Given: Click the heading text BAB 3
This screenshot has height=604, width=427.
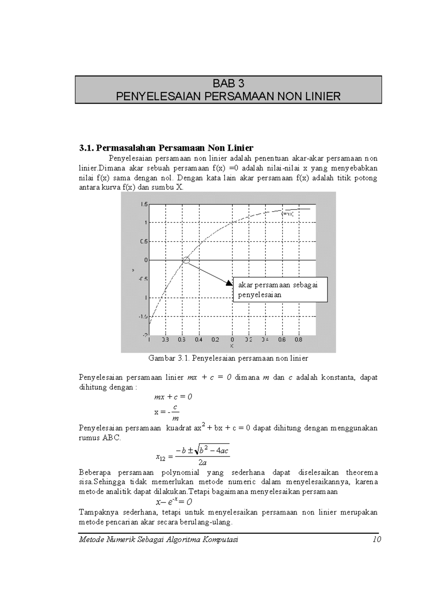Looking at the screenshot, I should [x=228, y=84].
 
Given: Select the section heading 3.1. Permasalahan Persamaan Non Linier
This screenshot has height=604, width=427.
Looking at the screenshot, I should [x=166, y=148].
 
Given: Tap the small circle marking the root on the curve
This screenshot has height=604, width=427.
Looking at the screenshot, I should [x=186, y=260].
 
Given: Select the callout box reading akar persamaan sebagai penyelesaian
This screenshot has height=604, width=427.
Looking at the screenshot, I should [x=280, y=290].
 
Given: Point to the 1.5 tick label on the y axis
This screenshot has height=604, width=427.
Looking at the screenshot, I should [x=143, y=204].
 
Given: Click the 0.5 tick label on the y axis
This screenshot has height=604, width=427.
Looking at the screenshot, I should [x=143, y=242].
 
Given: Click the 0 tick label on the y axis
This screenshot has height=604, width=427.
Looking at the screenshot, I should [x=146, y=260].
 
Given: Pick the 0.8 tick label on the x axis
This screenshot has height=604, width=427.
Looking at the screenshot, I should [x=298, y=340].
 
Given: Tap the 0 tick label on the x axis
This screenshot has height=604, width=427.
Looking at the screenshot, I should [x=232, y=340].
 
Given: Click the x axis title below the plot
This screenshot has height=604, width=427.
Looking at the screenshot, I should [x=232, y=346].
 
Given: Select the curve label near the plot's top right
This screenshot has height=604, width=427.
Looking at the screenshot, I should [x=287, y=214].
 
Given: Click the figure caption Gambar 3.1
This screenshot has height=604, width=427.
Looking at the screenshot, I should [x=228, y=358].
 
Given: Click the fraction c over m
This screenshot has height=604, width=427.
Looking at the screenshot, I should [x=175, y=413].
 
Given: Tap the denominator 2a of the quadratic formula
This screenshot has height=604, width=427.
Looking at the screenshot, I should [x=202, y=463].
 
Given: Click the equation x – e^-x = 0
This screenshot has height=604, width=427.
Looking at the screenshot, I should [x=174, y=502].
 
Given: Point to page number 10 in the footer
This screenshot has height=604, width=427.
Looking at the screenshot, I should [x=377, y=540].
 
